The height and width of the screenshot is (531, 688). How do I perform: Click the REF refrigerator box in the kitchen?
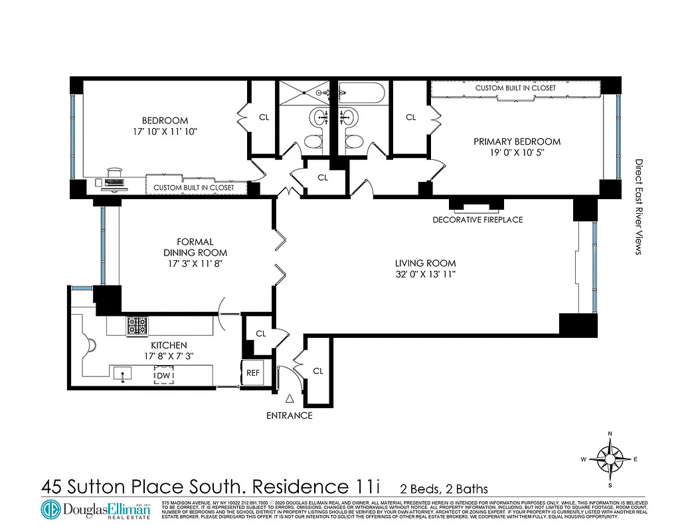(252, 373)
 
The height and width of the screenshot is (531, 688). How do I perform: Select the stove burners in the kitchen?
(137, 325)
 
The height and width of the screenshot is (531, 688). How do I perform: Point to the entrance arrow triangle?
(290, 399)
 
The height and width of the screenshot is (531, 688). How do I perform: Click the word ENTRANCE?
(289, 416)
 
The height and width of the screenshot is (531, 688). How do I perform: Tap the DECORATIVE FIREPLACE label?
(477, 220)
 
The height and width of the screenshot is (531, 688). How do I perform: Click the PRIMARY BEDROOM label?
(517, 141)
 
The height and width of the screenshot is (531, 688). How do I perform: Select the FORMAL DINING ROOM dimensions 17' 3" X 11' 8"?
(195, 264)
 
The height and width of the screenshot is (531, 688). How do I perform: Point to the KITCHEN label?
(169, 345)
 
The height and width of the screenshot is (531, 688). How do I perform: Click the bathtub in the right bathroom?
(363, 92)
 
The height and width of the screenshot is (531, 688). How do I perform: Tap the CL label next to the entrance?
(318, 371)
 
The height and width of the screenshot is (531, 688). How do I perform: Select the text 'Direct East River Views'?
(639, 206)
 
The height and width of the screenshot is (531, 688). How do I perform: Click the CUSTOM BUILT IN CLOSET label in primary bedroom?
(515, 88)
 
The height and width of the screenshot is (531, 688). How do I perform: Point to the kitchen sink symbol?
(122, 375)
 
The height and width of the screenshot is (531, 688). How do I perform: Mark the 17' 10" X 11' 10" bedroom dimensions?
(165, 131)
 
